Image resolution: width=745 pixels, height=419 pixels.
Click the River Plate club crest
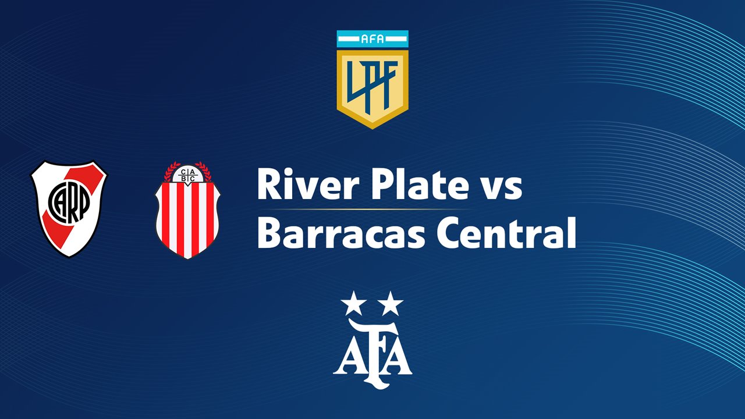point(69,209)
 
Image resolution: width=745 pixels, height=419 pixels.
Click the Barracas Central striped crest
point(187,210)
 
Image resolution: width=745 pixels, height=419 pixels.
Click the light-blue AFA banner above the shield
point(372,39)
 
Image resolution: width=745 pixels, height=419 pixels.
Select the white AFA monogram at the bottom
point(372,354)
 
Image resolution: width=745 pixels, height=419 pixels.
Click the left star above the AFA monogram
point(353,303)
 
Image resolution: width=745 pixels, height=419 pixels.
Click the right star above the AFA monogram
point(391,303)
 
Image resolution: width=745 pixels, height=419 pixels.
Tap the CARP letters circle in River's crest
point(69,202)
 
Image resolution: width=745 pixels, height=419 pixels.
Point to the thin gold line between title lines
point(364,209)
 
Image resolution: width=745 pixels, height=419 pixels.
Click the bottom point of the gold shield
point(372,129)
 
